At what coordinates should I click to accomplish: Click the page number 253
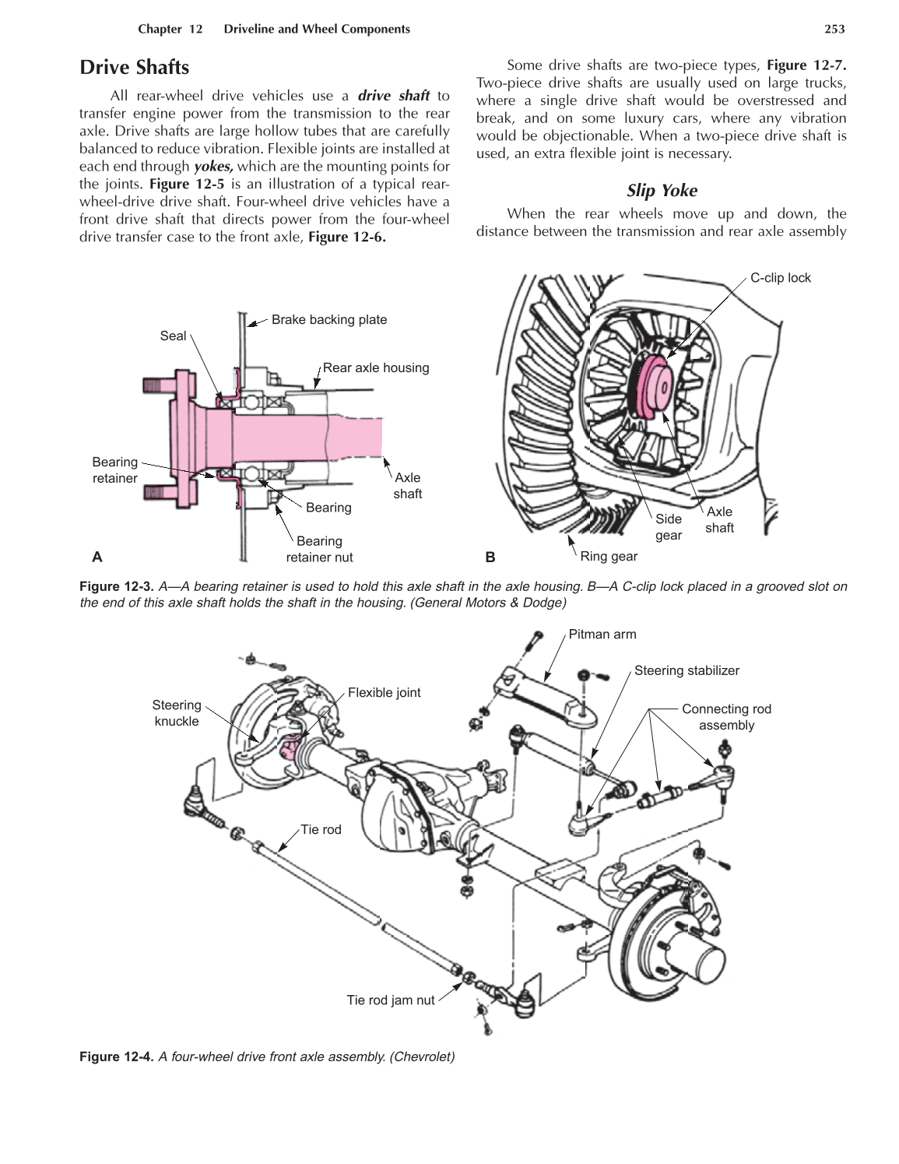point(834,29)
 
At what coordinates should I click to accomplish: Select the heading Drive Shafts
point(134,68)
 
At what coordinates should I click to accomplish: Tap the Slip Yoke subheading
point(662,191)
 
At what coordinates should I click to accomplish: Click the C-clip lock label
point(780,278)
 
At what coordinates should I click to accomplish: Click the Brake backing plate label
point(328,319)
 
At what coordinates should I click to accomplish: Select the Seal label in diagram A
point(173,336)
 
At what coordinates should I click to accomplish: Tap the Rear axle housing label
point(376,367)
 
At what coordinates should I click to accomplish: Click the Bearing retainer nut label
point(319,549)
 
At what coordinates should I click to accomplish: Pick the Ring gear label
point(609,556)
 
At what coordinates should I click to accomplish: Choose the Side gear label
point(668,527)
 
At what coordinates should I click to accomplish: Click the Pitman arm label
point(602,634)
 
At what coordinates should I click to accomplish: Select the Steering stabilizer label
point(687,670)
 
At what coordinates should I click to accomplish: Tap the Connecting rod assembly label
point(726,717)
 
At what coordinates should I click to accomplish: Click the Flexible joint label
point(384,692)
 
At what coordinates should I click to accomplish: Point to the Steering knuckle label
point(177,713)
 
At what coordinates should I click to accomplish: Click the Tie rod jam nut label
point(390,1000)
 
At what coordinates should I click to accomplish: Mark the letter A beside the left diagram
point(97,557)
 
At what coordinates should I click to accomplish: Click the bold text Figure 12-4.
point(117,1057)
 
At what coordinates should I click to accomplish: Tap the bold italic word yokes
point(213,166)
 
